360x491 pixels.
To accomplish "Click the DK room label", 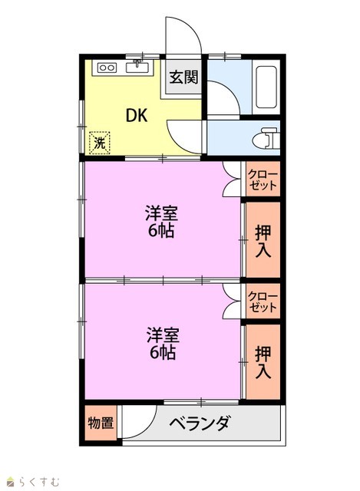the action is pyautogui.click(x=137, y=115).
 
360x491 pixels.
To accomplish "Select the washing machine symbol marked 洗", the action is pyautogui.click(x=100, y=143).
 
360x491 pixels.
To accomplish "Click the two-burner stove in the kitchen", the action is pyautogui.click(x=107, y=68).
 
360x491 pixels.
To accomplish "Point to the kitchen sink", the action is pyautogui.click(x=137, y=67).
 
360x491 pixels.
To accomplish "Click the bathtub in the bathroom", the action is pyautogui.click(x=266, y=87).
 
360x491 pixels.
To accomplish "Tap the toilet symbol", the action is pyautogui.click(x=266, y=137).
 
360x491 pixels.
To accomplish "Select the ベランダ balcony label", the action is pyautogui.click(x=200, y=423).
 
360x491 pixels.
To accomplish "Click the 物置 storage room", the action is pyautogui.click(x=101, y=423).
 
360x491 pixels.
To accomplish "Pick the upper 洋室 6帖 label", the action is pyautogui.click(x=162, y=222).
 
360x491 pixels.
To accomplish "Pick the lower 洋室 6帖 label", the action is pyautogui.click(x=163, y=344).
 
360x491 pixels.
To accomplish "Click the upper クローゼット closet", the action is pyautogui.click(x=263, y=179).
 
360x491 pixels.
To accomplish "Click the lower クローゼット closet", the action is pyautogui.click(x=263, y=302).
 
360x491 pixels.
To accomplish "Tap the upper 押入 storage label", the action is pyautogui.click(x=263, y=242).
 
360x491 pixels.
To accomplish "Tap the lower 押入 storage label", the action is pyautogui.click(x=263, y=363).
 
